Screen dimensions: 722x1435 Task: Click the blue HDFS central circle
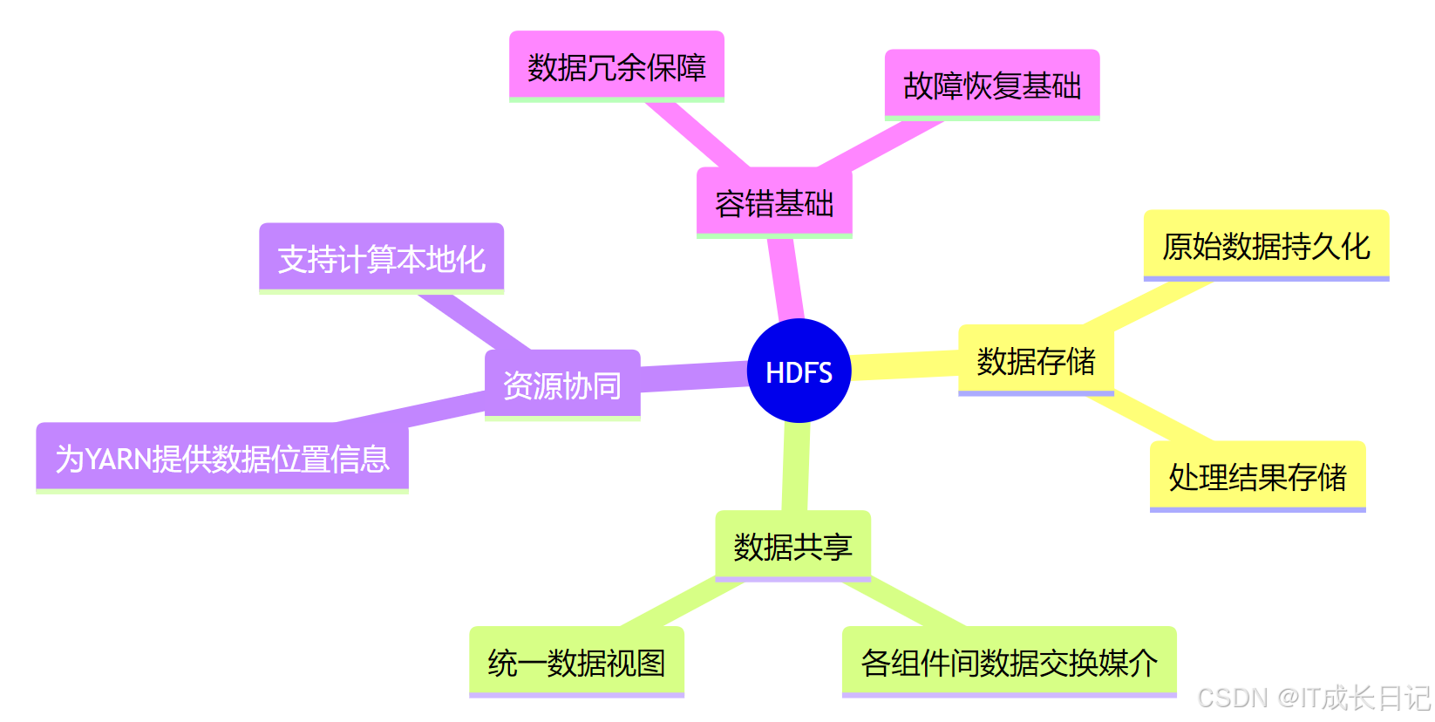[799, 371]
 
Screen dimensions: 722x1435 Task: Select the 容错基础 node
[774, 203]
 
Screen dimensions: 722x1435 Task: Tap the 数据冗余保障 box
[616, 66]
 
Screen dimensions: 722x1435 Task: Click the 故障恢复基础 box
[992, 85]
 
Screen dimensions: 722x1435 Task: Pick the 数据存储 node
[1036, 360]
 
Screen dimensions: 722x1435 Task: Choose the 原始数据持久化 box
[1266, 246]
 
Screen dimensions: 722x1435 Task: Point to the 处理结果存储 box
[1257, 476]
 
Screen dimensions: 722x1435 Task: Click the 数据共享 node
[792, 546]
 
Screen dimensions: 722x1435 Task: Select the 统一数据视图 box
[576, 662]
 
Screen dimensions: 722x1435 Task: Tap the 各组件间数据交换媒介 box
[1009, 662]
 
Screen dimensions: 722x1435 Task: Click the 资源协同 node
[562, 385]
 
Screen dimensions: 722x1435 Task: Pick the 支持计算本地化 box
[381, 258]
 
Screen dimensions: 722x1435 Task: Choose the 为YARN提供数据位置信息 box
[222, 458]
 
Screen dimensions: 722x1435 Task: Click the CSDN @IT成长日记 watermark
[1314, 698]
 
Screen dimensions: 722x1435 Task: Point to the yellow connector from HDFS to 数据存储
[904, 365]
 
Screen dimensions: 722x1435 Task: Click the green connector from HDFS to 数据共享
[796, 467]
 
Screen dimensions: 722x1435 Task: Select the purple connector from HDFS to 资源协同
[694, 378]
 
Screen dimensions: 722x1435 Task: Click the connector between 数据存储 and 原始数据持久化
[1146, 305]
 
